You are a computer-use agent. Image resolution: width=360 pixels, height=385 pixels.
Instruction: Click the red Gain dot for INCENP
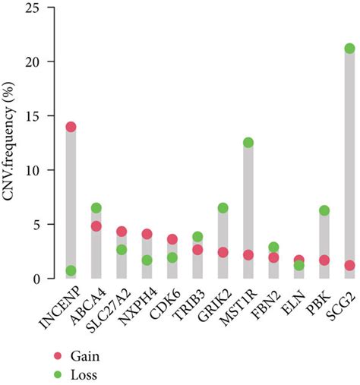71,127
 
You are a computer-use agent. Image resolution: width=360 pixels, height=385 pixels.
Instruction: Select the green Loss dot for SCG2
349,49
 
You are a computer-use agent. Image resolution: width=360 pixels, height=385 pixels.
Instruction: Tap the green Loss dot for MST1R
248,143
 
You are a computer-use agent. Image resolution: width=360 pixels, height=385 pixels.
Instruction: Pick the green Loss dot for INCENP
71,271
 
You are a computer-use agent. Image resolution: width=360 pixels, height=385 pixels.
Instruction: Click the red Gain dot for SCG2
349,266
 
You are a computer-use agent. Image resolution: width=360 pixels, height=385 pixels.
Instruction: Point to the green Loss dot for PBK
324,210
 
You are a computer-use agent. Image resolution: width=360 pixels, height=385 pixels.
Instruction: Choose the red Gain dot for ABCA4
96,226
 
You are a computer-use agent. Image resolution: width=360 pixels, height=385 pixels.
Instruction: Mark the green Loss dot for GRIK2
223,208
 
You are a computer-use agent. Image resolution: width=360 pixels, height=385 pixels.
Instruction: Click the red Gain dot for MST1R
248,255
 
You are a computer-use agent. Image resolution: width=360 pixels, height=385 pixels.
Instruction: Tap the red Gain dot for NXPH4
147,235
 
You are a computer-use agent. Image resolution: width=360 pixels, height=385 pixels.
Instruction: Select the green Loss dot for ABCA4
96,208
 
